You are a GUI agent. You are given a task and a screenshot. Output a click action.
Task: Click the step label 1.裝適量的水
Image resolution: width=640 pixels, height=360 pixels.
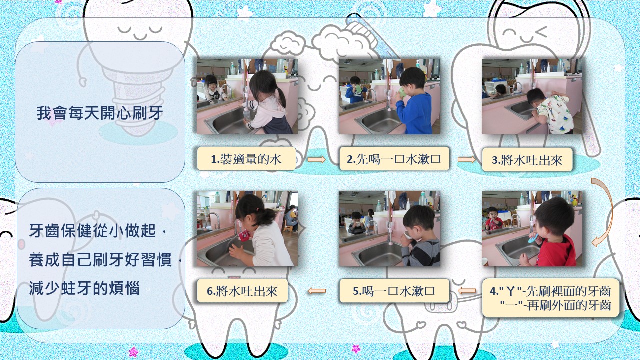246,159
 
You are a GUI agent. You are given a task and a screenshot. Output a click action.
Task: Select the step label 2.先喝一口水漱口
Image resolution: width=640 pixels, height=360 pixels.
394,159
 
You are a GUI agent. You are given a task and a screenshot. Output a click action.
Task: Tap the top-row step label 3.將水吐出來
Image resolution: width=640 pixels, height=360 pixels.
527,160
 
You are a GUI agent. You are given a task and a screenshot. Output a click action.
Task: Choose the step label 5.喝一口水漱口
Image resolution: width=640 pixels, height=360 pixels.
394,291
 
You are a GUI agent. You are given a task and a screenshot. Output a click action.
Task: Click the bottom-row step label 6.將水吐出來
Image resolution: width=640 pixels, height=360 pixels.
242,291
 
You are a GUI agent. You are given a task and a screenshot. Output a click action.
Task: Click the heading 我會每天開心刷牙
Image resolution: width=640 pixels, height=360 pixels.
100,113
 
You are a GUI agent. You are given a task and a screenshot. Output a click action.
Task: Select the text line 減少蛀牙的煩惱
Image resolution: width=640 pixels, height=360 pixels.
84,288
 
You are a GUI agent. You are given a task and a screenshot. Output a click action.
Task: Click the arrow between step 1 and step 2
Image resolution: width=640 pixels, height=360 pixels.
316,159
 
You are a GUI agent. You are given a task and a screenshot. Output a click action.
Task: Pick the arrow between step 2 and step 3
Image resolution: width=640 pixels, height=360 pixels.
466,159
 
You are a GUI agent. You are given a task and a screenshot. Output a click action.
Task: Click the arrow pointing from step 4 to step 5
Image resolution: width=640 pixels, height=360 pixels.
467,291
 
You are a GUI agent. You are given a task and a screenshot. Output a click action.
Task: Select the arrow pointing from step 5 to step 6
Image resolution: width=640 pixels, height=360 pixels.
317,291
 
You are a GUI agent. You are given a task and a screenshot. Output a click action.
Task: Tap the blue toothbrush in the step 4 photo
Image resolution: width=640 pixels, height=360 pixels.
532,238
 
